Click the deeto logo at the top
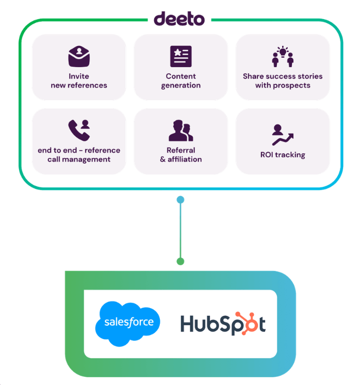tap(179, 19)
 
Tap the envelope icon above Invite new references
tap(79, 56)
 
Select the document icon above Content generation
tap(181, 56)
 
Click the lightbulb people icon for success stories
tap(282, 56)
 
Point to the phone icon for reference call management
tap(78, 131)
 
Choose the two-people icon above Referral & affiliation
tap(181, 131)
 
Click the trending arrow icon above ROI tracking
tap(282, 135)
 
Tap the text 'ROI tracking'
tap(282, 154)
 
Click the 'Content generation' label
tap(181, 81)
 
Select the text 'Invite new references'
tap(79, 81)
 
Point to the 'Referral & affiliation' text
tap(181, 155)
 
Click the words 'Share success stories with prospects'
tap(283, 81)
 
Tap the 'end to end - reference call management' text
tap(79, 155)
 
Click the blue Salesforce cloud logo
tap(128, 322)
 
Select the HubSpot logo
tap(223, 324)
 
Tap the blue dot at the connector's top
tap(180, 200)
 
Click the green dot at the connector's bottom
tap(180, 261)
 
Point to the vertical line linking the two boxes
tap(180, 230)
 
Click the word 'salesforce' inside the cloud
tap(128, 322)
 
